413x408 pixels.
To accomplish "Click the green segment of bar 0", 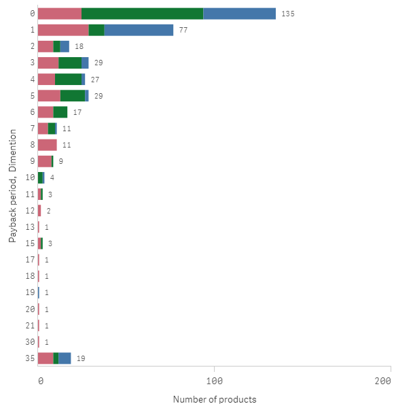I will (x=142, y=14).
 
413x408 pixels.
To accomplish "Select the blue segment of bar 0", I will (x=239, y=14).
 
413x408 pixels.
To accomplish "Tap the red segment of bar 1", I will (x=62, y=30).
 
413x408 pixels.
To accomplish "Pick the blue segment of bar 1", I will (x=139, y=30).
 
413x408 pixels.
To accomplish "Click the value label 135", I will (x=287, y=14).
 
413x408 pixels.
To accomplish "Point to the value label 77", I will (x=183, y=30).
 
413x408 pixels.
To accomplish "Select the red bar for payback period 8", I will (x=47, y=145).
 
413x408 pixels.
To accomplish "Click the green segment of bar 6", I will (x=60, y=112).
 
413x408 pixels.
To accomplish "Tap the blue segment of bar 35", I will (x=65, y=358).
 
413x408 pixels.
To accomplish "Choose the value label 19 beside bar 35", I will (x=80, y=358).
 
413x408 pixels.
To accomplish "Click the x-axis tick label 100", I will (x=215, y=381).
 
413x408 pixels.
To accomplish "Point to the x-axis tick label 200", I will (x=382, y=381).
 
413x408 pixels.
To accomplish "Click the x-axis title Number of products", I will (x=215, y=399).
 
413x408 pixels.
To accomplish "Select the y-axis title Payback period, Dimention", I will (x=13, y=186).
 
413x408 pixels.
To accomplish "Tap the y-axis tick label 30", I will (x=31, y=342).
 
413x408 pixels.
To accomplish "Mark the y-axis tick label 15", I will (x=31, y=243).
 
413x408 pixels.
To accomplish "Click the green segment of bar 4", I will (x=68, y=79).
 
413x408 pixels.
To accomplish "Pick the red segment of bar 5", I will (x=49, y=95).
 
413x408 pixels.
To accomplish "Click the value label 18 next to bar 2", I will (x=79, y=46).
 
